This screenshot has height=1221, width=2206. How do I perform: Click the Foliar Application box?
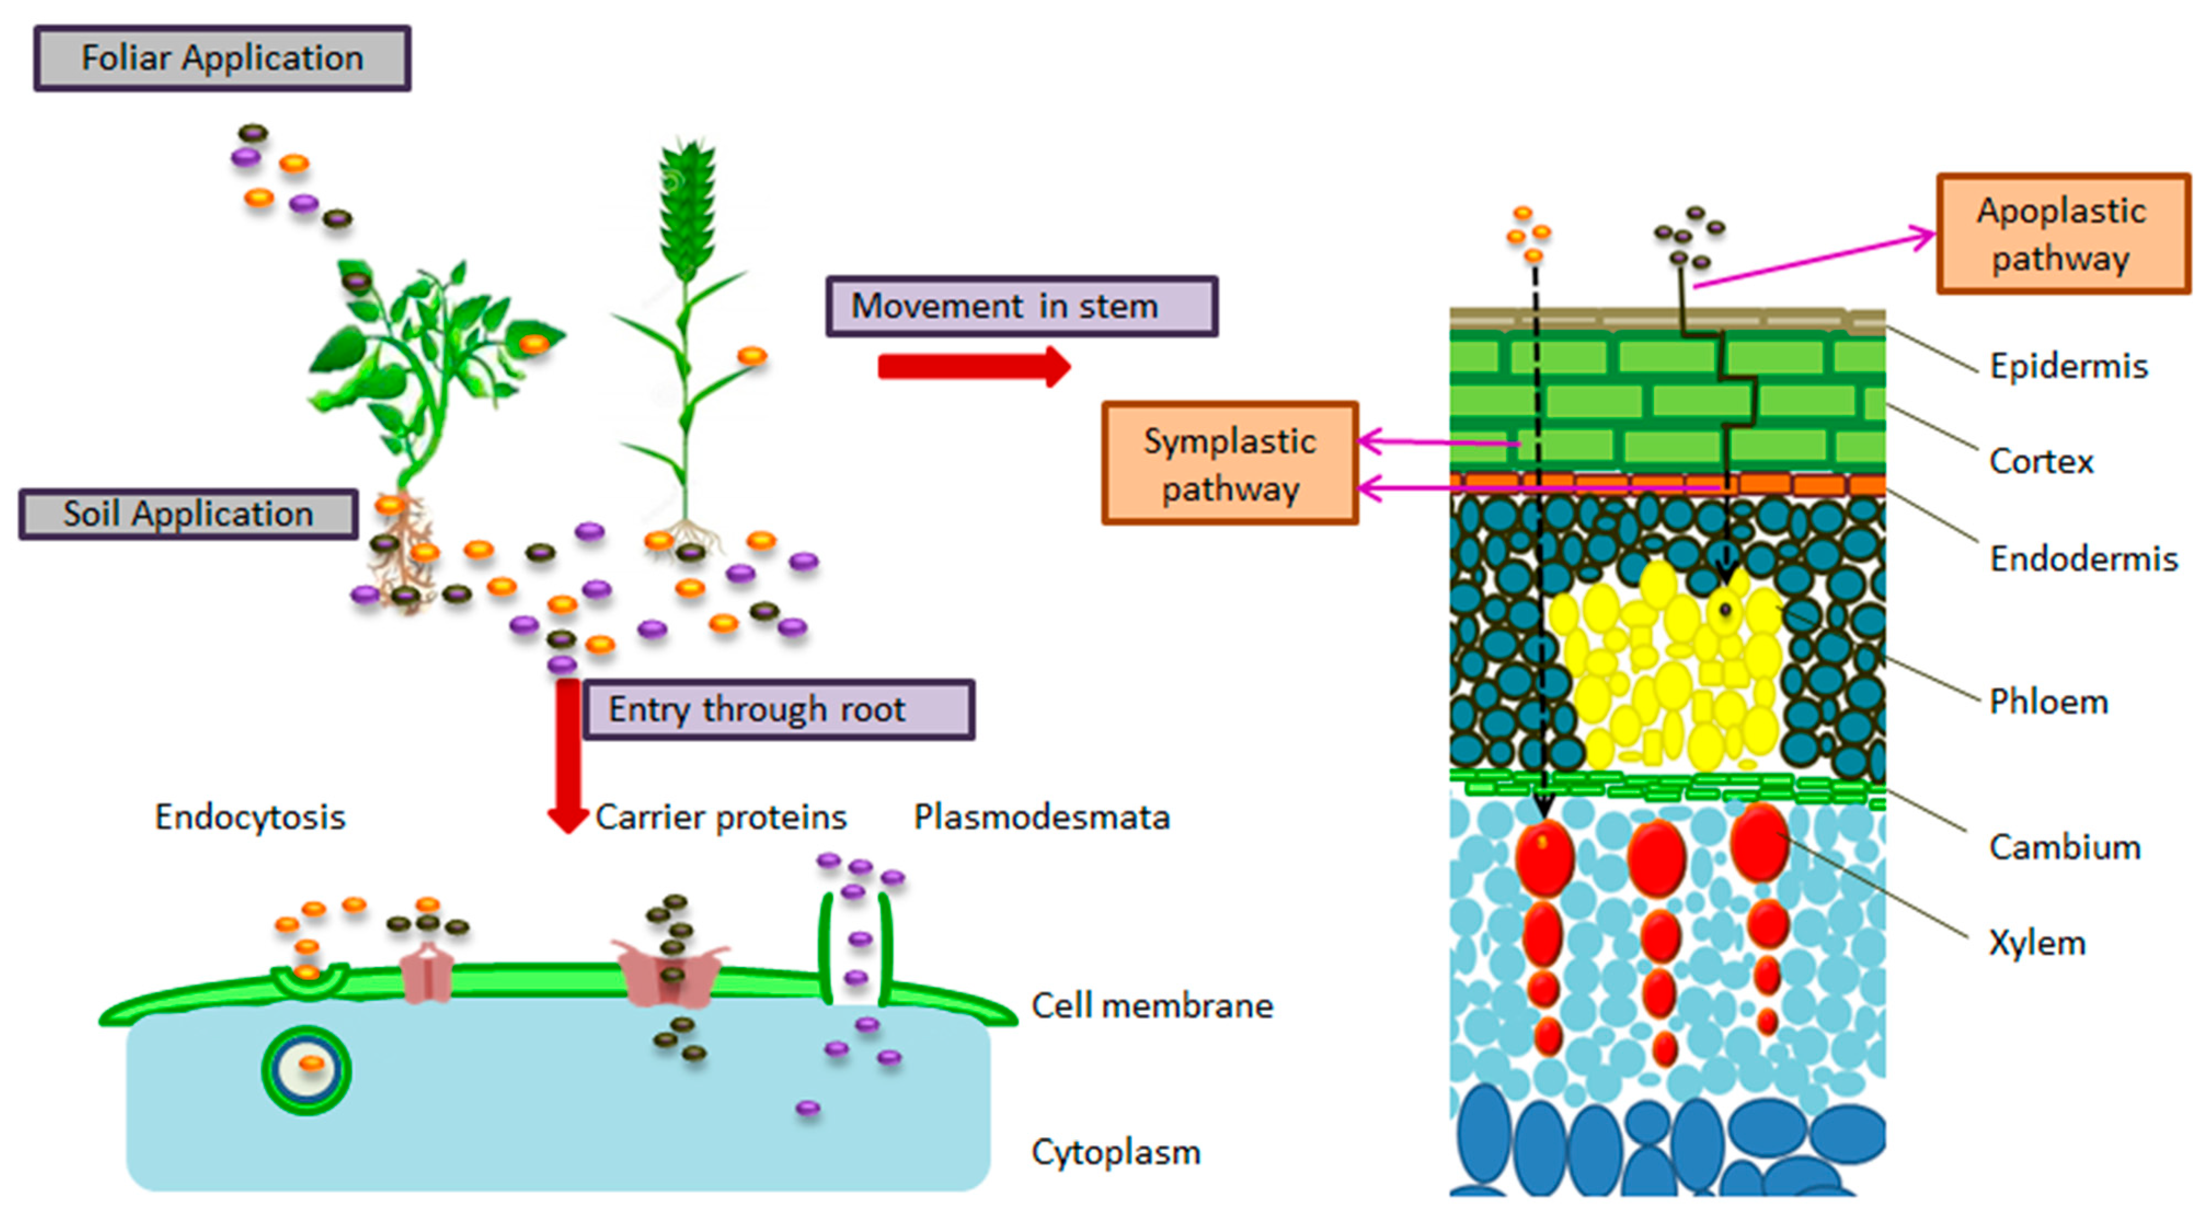coord(222,58)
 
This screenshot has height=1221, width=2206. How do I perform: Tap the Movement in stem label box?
coord(1021,306)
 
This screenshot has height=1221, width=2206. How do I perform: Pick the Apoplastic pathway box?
coord(2062,234)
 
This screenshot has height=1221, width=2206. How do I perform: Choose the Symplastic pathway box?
coord(1230,463)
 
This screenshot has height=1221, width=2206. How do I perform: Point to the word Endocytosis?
coord(250,817)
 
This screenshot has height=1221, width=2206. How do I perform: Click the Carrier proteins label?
coord(721,817)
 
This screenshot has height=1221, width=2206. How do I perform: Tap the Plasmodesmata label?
coord(1041,817)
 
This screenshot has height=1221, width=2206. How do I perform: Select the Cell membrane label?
coord(1152,1005)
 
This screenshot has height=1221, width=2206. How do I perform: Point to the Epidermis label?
coord(2068,366)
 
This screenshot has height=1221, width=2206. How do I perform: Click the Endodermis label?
coord(2083,559)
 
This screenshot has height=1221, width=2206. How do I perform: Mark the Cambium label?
coord(2064,847)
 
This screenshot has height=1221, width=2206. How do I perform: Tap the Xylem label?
coord(2036,943)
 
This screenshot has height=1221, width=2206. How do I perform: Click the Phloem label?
coord(2048,701)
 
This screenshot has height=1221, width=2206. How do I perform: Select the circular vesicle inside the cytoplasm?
coord(307,1069)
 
